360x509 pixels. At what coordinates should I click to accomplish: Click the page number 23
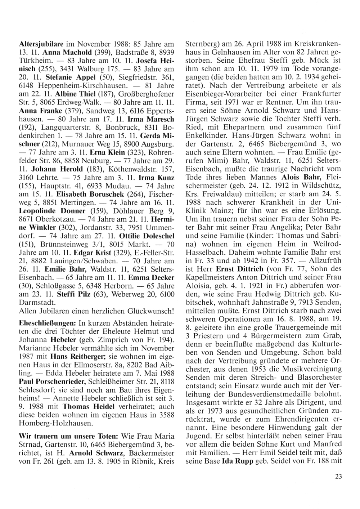pyautogui.click(x=338, y=477)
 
